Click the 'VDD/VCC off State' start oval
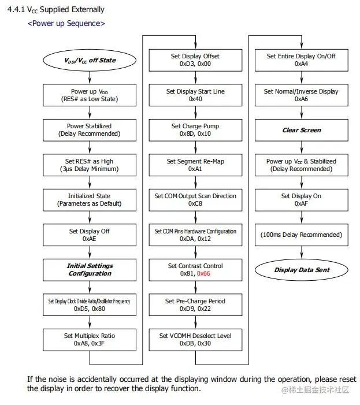(89, 60)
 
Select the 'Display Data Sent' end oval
(300, 270)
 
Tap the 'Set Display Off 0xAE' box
(89, 235)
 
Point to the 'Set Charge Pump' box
(195, 130)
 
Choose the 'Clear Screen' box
(300, 130)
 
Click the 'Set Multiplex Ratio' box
(89, 339)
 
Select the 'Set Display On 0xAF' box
(300, 200)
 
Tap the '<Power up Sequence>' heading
(66, 24)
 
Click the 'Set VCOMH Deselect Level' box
(195, 339)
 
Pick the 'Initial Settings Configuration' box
(89, 270)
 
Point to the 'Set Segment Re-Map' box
(195, 165)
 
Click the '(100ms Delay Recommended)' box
(300, 235)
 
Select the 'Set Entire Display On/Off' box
(300, 60)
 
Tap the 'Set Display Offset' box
(195, 60)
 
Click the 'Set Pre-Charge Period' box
(195, 304)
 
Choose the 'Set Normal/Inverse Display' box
(300, 95)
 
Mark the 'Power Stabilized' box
(89, 130)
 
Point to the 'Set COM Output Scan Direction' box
(195, 200)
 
